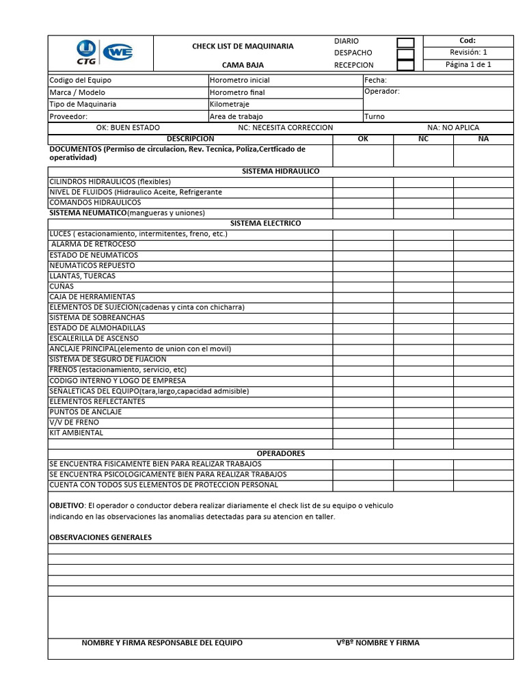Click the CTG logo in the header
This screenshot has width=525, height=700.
(x=86, y=53)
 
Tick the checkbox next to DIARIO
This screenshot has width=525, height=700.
(x=405, y=42)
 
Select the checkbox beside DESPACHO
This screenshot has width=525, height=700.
(x=405, y=54)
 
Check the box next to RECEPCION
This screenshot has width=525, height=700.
(x=405, y=66)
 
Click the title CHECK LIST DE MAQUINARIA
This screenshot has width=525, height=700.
(x=243, y=46)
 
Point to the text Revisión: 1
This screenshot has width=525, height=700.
(x=468, y=53)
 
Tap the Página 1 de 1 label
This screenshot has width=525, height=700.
(x=468, y=65)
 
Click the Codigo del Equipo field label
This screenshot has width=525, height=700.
(x=80, y=80)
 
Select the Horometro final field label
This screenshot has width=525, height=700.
(x=237, y=92)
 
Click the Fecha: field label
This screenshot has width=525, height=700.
(x=376, y=80)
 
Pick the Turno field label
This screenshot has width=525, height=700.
(x=375, y=116)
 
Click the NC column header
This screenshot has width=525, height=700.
(x=423, y=139)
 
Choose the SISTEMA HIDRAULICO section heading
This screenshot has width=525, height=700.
(x=280, y=171)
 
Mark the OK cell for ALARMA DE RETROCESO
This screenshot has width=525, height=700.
(x=362, y=244)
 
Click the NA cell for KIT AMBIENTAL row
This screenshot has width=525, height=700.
(x=483, y=433)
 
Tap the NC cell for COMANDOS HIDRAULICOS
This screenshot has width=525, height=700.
(x=423, y=202)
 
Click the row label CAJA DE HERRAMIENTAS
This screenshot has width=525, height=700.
(x=92, y=297)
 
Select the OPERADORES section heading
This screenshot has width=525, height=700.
(x=280, y=453)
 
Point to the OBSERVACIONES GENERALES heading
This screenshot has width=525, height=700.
(x=100, y=537)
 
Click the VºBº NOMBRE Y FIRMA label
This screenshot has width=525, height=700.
(x=378, y=643)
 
